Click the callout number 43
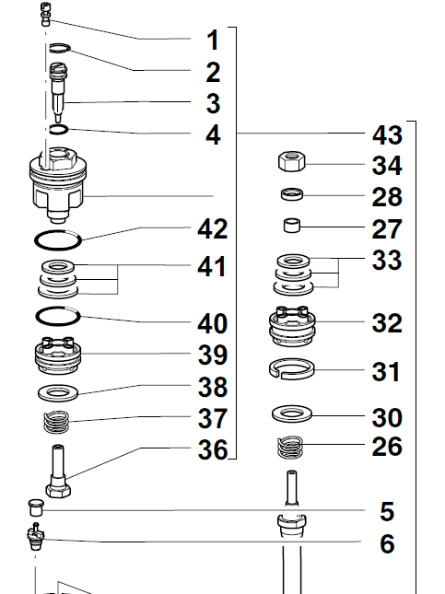click(x=387, y=135)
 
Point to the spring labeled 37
click(x=56, y=422)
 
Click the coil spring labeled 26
click(x=290, y=447)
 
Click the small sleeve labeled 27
click(x=292, y=226)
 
